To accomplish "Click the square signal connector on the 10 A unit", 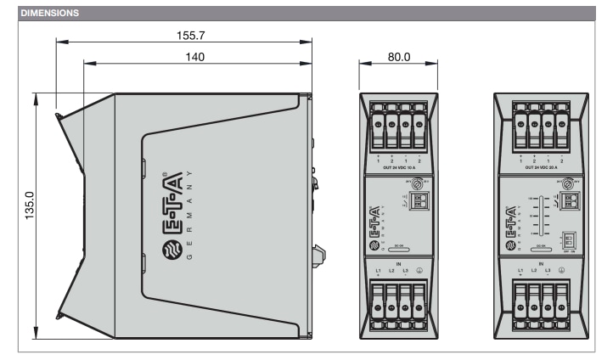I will pos(417,202).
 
